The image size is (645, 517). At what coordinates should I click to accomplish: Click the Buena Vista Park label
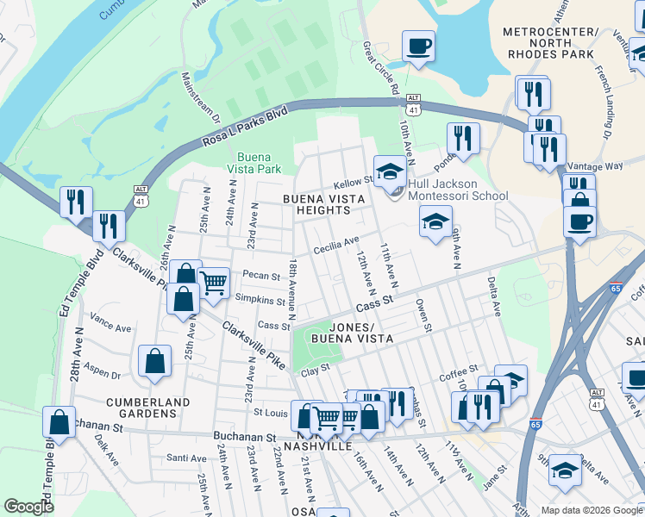click(259, 164)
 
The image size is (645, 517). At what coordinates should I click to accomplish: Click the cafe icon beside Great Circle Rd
click(418, 47)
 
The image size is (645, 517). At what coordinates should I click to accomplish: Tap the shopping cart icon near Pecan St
click(213, 281)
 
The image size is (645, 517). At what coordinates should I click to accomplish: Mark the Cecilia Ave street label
click(337, 242)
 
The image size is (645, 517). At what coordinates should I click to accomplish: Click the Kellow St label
click(354, 182)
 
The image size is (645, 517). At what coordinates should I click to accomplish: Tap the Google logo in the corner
click(28, 507)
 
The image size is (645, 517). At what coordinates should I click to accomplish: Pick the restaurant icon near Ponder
click(463, 137)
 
